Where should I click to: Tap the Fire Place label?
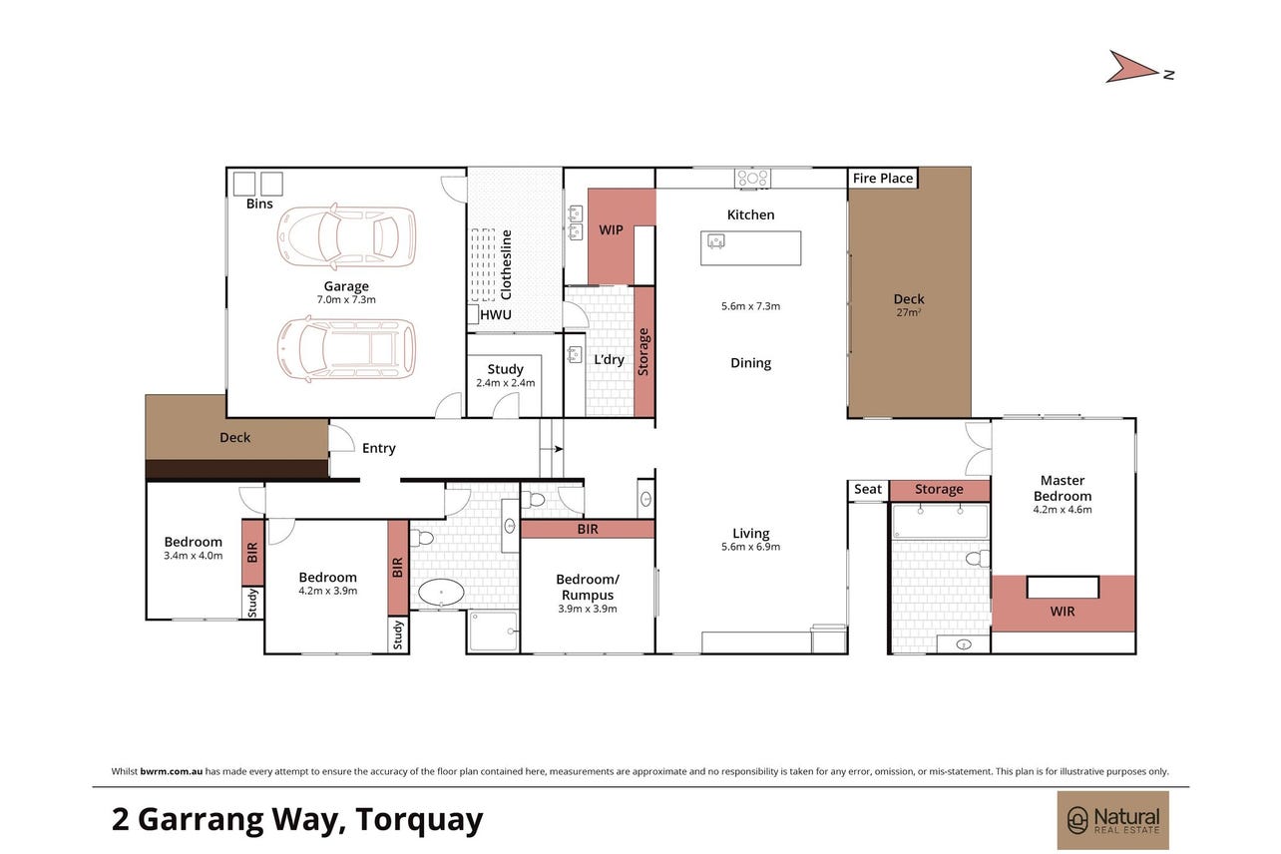click(882, 179)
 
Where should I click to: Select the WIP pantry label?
click(611, 229)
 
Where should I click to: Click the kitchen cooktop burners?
click(752, 178)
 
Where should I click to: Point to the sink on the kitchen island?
click(716, 240)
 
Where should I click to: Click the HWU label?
click(496, 314)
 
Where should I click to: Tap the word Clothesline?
click(506, 264)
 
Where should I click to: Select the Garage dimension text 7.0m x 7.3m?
click(346, 299)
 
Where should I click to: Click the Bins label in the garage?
click(259, 204)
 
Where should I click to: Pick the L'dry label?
click(609, 359)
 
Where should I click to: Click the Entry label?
click(378, 448)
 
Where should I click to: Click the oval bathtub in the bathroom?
click(441, 593)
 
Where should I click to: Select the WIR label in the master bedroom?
click(1062, 612)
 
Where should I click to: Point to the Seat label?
click(868, 489)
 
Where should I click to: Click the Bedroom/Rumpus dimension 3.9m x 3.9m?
click(588, 609)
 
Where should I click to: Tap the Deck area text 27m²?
click(908, 312)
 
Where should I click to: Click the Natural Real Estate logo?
click(1112, 820)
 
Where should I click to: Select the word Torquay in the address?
click(419, 820)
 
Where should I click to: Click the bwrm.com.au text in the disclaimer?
click(171, 771)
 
